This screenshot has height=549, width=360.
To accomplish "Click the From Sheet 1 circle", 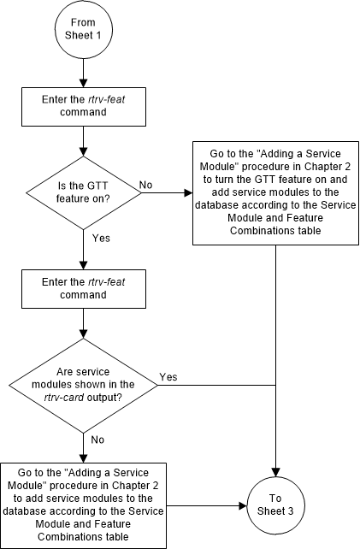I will click(82, 32).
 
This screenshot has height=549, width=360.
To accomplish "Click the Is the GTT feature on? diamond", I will click(82, 192).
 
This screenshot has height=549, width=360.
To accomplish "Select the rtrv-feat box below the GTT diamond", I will click(82, 286).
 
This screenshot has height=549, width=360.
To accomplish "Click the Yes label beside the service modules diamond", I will click(168, 376).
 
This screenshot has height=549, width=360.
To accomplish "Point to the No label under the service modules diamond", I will click(98, 439).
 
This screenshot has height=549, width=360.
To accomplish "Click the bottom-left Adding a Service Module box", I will click(82, 505).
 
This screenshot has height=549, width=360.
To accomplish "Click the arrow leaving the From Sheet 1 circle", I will click(82, 74).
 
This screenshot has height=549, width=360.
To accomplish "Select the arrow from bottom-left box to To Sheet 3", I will click(205, 505).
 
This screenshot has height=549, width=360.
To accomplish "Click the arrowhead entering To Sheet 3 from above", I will click(275, 470).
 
